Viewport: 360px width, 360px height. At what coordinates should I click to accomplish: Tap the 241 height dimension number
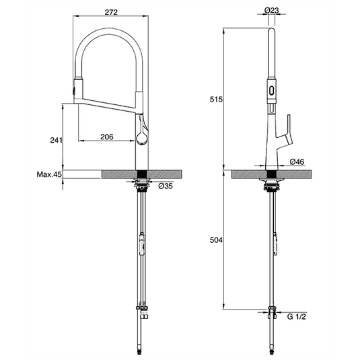[56, 140]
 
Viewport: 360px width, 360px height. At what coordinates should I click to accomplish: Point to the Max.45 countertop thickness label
[50, 175]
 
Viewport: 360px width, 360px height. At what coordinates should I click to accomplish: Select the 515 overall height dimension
[216, 99]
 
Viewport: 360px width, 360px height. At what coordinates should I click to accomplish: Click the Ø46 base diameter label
[299, 162]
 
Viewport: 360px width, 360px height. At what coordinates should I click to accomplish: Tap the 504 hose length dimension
[216, 240]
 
